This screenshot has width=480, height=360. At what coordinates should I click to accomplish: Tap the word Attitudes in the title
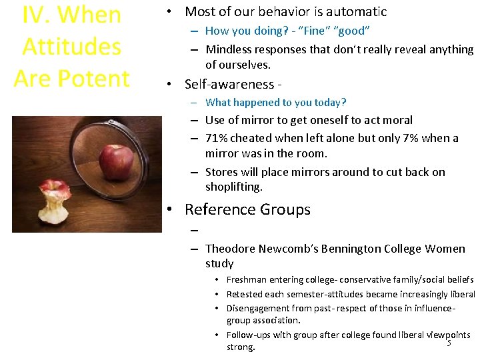[x=72, y=47]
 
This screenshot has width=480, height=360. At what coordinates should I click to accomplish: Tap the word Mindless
[x=229, y=49]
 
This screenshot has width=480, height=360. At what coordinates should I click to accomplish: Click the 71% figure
[x=217, y=138]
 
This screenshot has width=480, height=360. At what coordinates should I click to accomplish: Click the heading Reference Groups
[x=247, y=209]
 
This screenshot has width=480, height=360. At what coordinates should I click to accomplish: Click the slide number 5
[x=449, y=343]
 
